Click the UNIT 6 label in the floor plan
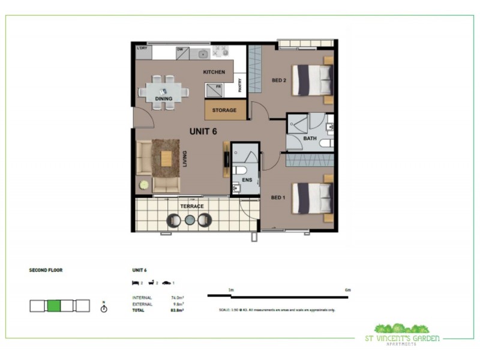tap(203, 131)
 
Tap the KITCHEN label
tap(214, 72)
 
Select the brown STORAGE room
tap(224, 110)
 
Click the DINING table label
tap(163, 98)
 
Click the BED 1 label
tap(277, 197)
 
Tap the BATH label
tap(310, 139)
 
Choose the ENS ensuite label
tap(247, 179)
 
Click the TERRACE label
tap(192, 206)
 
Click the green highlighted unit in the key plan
tap(53, 306)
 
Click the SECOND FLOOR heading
tap(46, 270)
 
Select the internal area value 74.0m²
tap(176, 298)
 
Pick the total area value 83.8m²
tap(176, 310)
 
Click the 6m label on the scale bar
tap(347, 290)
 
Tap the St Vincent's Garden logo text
tap(407, 338)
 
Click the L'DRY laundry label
tap(142, 48)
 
